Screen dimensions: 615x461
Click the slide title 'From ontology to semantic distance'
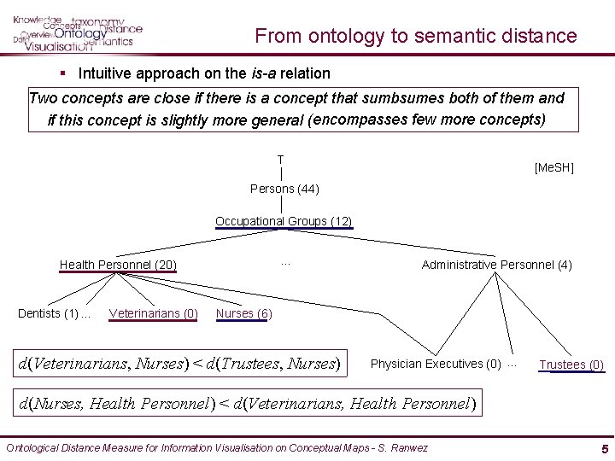pos(416,36)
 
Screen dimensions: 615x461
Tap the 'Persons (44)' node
pos(284,189)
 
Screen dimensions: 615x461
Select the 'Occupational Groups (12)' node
pos(284,221)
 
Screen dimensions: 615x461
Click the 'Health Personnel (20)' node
pos(118,265)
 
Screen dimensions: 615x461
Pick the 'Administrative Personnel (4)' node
pos(496,265)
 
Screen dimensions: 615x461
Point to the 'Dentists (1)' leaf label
pos(50,313)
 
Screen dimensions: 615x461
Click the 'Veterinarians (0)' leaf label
pos(154,313)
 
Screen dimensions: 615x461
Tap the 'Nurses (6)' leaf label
pos(243,313)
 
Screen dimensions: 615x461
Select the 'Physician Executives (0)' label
pos(436,365)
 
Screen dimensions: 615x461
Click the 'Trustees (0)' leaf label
pos(571,365)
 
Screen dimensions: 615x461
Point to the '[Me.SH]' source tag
pos(553,168)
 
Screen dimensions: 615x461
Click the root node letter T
pos(280,160)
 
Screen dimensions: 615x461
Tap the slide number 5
pos(604,448)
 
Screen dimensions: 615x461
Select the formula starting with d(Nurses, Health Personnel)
pos(247,403)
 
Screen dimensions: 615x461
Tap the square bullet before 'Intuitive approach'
pos(64,73)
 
